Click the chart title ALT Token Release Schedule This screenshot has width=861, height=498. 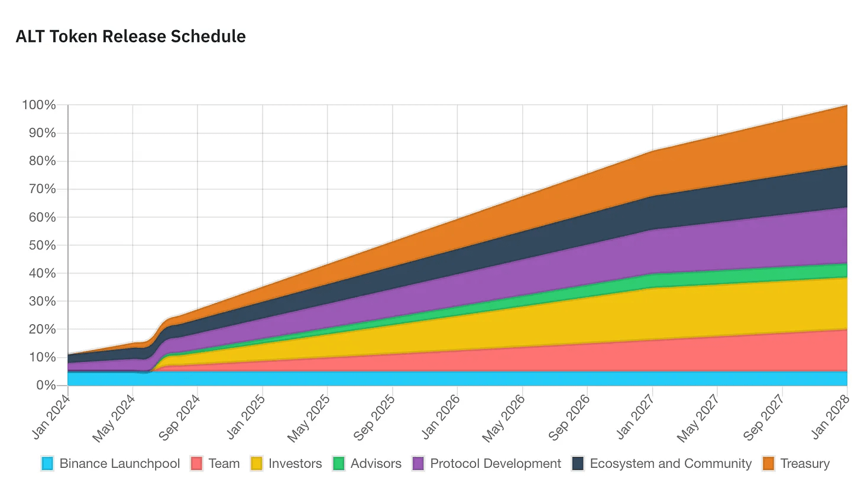tap(131, 37)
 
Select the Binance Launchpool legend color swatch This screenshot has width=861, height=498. tap(48, 464)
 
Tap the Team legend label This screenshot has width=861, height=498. tap(224, 464)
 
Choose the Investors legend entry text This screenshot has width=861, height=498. tap(295, 464)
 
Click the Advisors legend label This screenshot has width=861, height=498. tap(376, 464)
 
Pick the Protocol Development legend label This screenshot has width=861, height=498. tap(496, 464)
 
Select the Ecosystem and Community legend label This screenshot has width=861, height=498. tap(671, 464)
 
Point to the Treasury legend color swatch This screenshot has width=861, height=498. tap(769, 464)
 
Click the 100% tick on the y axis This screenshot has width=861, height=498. tap(39, 105)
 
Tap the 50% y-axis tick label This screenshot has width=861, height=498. tap(41, 245)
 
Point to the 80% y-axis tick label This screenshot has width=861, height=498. tap(41, 161)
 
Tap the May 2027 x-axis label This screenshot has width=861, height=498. tap(698, 417)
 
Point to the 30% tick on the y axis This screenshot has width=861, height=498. tap(41, 302)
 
